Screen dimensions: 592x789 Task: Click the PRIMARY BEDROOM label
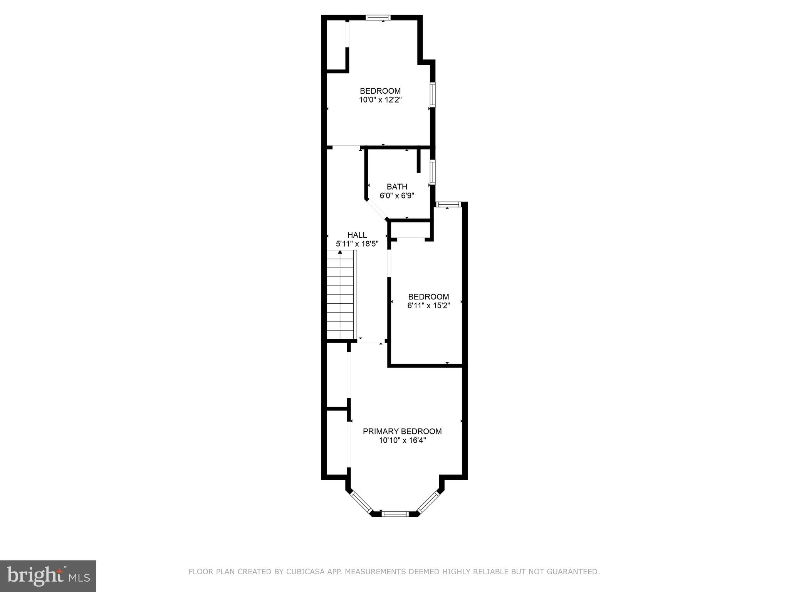point(402,431)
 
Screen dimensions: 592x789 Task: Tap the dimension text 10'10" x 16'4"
point(402,441)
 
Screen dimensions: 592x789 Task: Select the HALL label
point(357,235)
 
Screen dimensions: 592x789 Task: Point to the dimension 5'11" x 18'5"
point(357,244)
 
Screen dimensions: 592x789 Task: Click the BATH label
point(397,187)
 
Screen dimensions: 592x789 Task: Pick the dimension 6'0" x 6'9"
point(397,196)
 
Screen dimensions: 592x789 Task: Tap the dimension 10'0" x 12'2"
point(380,100)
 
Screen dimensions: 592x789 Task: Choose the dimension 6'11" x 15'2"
point(428,306)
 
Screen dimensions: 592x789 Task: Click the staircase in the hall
point(341,295)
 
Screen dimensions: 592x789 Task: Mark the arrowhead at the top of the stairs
point(340,252)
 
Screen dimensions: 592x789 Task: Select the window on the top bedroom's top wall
point(378,17)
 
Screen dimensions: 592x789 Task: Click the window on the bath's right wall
point(433,172)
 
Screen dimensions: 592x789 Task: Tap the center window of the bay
point(395,513)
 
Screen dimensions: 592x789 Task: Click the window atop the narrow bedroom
point(448,204)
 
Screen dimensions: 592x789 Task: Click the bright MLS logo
point(48,576)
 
